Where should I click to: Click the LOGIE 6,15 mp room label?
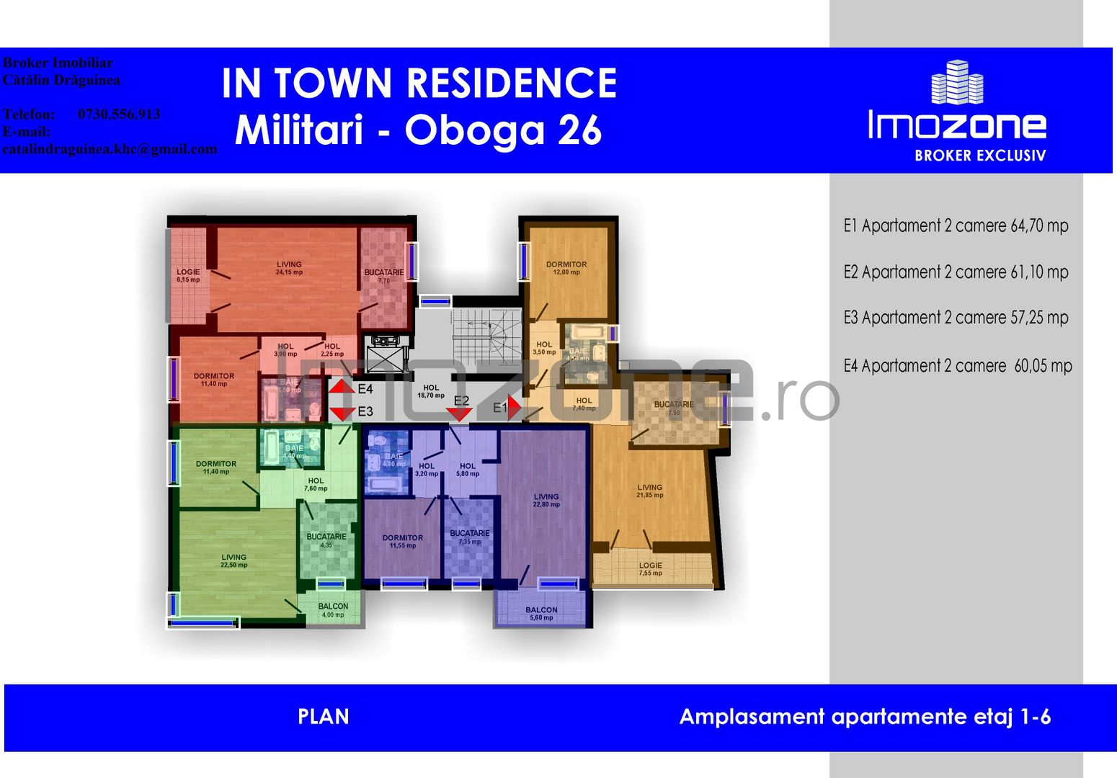pyautogui.click(x=188, y=275)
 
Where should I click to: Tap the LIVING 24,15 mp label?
pyautogui.click(x=289, y=268)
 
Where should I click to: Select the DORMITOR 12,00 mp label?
pyautogui.click(x=566, y=268)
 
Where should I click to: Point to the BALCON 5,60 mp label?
pyautogui.click(x=541, y=613)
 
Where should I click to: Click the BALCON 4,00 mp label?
pyautogui.click(x=333, y=610)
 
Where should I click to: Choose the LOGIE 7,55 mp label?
pyautogui.click(x=650, y=569)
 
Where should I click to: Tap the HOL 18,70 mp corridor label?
pyautogui.click(x=431, y=391)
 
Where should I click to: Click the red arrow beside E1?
pyautogui.click(x=514, y=407)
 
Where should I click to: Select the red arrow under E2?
pyautogui.click(x=459, y=414)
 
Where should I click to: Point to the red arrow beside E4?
pyautogui.click(x=342, y=387)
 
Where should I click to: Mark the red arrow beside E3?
pyautogui.click(x=342, y=413)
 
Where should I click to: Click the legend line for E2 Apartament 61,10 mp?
pyautogui.click(x=956, y=272)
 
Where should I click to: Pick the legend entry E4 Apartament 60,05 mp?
pyautogui.click(x=958, y=366)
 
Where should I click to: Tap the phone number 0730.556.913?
pyautogui.click(x=119, y=115)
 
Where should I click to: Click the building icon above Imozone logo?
pyautogui.click(x=957, y=82)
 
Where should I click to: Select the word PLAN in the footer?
pyautogui.click(x=324, y=717)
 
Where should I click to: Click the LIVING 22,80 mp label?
pyautogui.click(x=546, y=500)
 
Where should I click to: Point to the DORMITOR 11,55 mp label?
pyautogui.click(x=403, y=541)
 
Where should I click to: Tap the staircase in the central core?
pyautogui.click(x=486, y=335)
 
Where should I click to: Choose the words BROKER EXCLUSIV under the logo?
pyautogui.click(x=979, y=156)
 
